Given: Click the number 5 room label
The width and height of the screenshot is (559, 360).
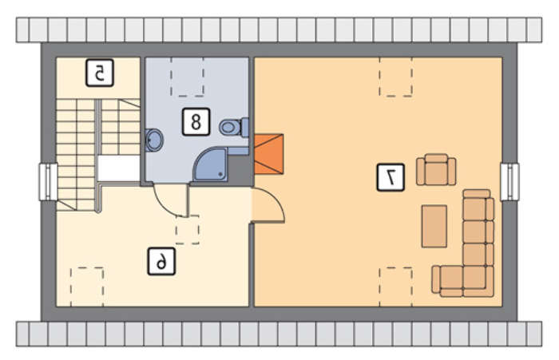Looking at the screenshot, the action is pos(100,73).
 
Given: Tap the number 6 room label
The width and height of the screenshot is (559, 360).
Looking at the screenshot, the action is pos(161,262).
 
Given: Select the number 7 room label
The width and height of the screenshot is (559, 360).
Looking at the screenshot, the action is pos(391,177).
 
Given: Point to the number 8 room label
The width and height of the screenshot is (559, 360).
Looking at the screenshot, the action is pos(196,122).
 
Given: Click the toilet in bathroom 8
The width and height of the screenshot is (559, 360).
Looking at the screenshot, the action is pos(234,127).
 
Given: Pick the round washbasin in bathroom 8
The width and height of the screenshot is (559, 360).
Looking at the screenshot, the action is pos(154,140).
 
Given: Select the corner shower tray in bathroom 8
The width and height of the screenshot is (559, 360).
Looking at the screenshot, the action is pos(210,164).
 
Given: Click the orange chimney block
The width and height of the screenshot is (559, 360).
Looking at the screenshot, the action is pos(269,154).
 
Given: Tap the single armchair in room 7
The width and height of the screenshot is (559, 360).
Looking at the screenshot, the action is pos(436,170).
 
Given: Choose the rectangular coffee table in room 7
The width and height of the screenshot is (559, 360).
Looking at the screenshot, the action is pos(434,226).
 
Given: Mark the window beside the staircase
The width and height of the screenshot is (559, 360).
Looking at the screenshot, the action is pos(48,181).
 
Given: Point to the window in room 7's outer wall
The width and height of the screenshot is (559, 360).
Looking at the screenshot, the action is pos(509,181).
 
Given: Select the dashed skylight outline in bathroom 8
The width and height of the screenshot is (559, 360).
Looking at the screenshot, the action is pos(188,77).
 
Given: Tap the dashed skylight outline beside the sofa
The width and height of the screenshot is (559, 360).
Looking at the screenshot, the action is pos(396,287).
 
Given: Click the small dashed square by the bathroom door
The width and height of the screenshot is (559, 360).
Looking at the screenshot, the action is pos(188,230).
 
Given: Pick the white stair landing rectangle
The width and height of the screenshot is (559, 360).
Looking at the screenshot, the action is pos(119,168).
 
